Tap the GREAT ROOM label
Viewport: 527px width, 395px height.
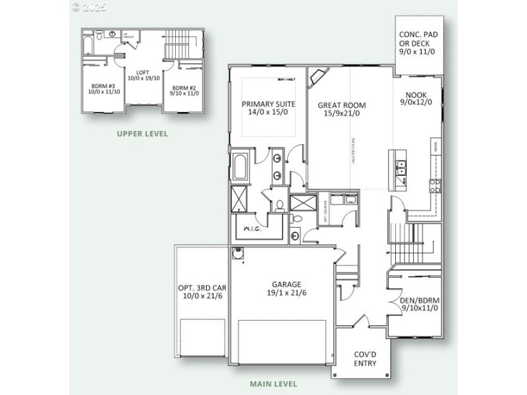(x=341, y=109)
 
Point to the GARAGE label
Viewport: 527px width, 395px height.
(x=282, y=289)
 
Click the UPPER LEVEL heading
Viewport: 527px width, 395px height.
(x=142, y=134)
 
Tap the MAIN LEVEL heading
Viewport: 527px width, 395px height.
(x=273, y=384)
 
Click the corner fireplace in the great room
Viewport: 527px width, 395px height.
(x=319, y=78)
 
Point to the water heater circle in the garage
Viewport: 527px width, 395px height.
(x=238, y=252)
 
